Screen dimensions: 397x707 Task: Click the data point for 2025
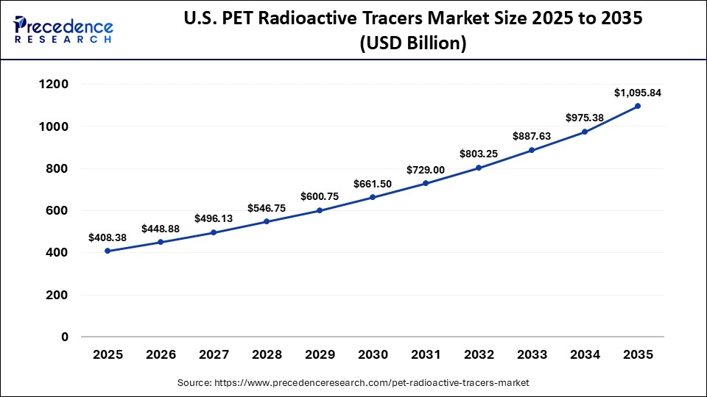[x=108, y=251]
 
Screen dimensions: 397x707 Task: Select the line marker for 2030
[x=373, y=197]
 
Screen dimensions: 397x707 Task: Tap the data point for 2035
[x=638, y=106]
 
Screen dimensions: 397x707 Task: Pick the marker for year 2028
[x=267, y=221]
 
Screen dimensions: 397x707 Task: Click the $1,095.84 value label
[x=638, y=93]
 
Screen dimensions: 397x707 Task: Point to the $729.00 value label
[x=426, y=170]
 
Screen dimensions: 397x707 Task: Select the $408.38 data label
[x=108, y=237]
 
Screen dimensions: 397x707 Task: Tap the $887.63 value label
[x=532, y=137]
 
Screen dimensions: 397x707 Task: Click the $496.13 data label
[x=214, y=218]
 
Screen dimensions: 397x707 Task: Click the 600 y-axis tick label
[x=57, y=211]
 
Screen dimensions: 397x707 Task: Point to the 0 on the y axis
[x=64, y=337]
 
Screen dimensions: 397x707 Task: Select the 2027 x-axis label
[x=214, y=354]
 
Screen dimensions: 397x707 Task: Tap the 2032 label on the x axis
[x=479, y=354]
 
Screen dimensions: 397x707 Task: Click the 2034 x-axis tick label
[x=585, y=354]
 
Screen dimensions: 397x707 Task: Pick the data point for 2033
[x=532, y=150]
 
